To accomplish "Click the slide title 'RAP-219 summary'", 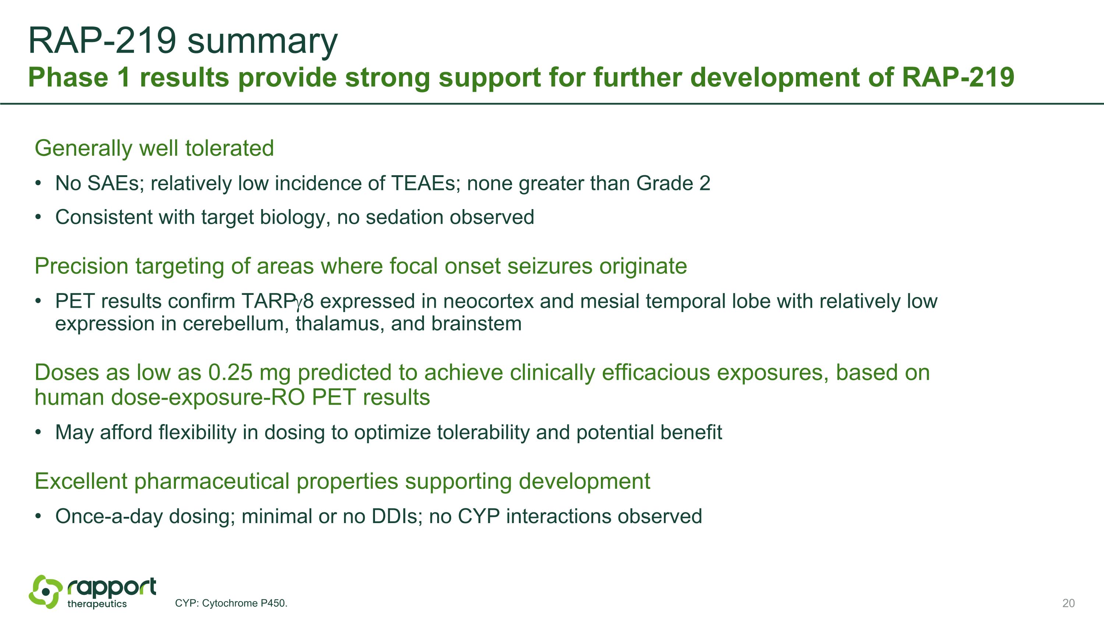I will click(x=183, y=41).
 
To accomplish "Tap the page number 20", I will click(x=1068, y=603).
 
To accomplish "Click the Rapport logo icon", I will click(x=45, y=592).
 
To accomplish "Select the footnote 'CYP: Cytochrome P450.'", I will click(x=231, y=603).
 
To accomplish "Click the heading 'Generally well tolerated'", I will click(x=154, y=148).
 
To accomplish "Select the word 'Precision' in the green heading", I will click(x=81, y=266).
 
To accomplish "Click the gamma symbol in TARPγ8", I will click(x=299, y=303).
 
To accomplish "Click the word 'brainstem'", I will click(x=476, y=324).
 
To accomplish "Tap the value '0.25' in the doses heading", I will click(x=230, y=373).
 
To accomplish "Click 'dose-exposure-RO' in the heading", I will click(x=208, y=397).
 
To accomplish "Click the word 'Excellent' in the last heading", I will click(x=81, y=481).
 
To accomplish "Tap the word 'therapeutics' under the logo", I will click(x=97, y=604).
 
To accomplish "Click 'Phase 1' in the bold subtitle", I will click(x=79, y=78).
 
